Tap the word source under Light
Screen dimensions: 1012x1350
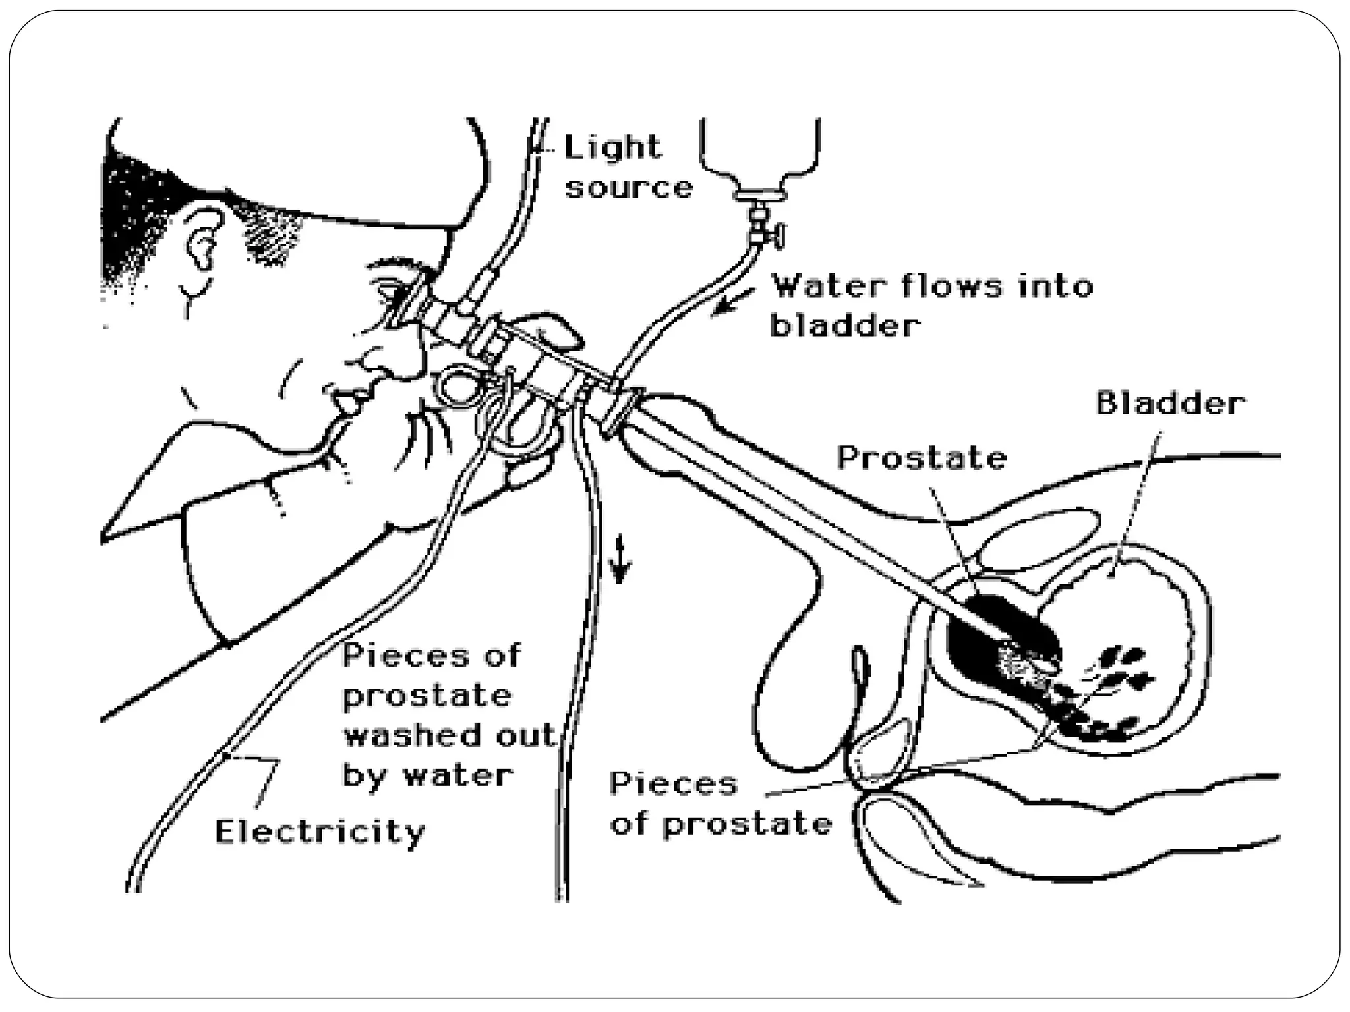629,188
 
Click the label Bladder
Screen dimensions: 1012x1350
1170,403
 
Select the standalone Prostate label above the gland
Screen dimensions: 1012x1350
922,457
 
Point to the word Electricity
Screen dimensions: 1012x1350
320,831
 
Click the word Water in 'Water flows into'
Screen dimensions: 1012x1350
829,286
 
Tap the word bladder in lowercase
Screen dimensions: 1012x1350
845,325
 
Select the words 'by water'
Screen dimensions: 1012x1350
427,775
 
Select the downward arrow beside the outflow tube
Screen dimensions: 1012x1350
620,559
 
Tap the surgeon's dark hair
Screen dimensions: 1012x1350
132,211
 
